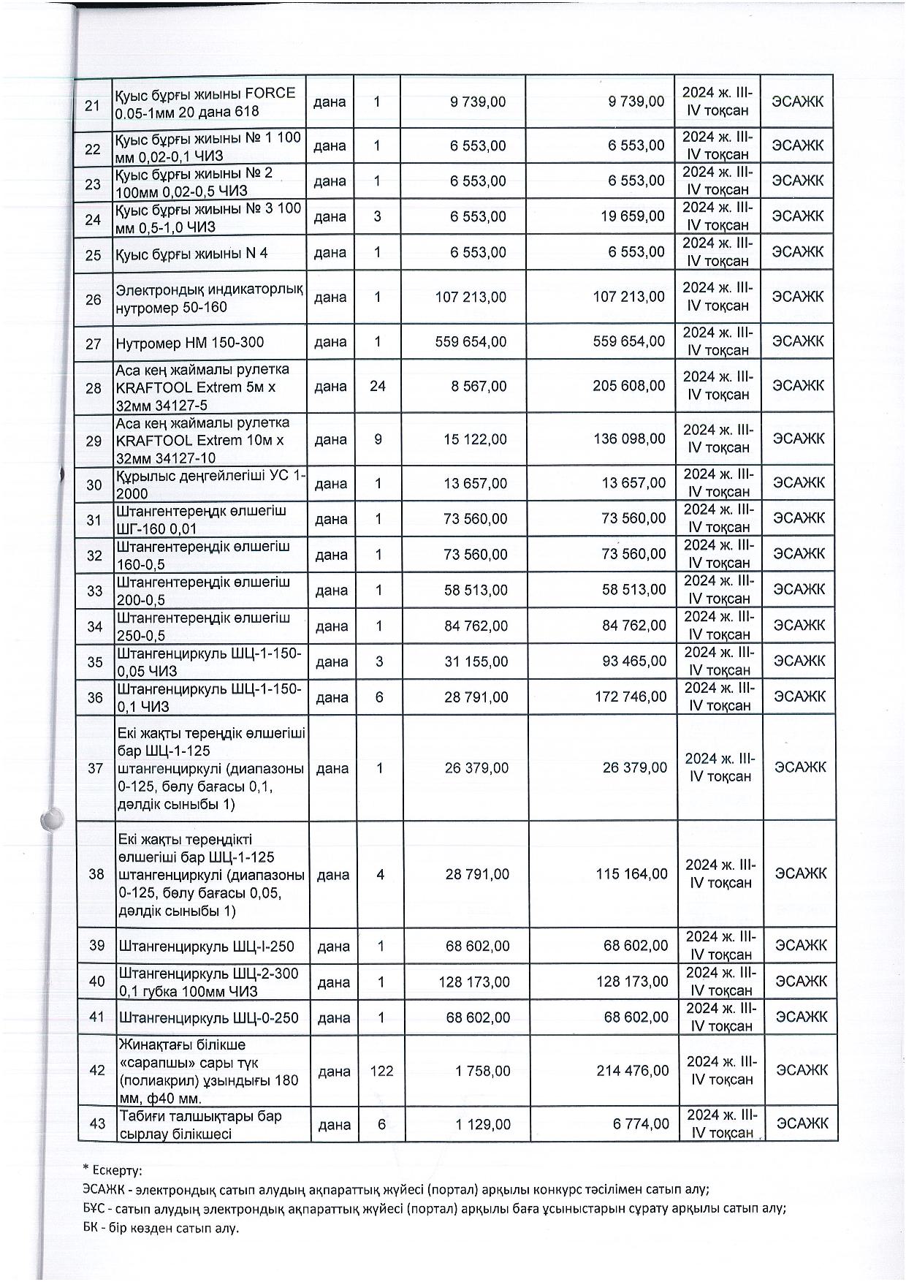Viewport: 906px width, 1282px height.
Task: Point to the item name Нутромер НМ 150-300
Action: coord(190,343)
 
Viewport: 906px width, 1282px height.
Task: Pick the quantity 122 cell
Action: coord(381,1071)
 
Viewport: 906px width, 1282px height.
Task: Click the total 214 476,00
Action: coord(632,1071)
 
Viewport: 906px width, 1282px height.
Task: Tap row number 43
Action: coord(97,1125)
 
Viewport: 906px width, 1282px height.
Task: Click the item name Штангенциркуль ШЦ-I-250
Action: coord(206,947)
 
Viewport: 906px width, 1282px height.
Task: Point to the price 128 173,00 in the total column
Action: coord(632,982)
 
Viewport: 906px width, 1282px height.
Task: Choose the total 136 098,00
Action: coord(629,439)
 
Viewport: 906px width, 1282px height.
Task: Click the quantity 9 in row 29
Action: coord(378,439)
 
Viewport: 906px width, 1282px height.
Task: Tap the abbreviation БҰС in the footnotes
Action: coord(96,1208)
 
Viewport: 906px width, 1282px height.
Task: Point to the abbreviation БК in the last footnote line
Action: coord(92,1228)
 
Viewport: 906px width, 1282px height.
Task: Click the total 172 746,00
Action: coord(631,697)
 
